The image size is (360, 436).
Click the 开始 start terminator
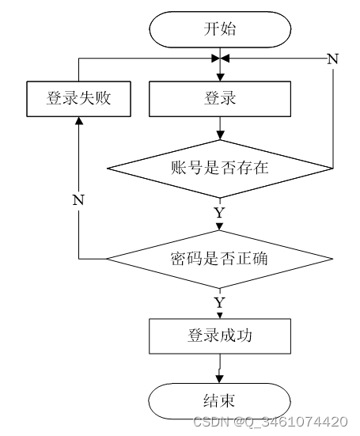(220, 29)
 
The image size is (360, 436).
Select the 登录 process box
(220, 99)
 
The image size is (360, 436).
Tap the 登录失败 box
(78, 99)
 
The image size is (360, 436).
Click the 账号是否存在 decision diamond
(220, 169)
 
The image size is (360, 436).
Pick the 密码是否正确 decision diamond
(220, 260)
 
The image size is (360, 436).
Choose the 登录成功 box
(220, 336)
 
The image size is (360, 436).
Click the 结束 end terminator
(220, 401)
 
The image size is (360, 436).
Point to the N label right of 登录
(333, 59)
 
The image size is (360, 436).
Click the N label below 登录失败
(78, 199)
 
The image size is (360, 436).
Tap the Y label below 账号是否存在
(220, 213)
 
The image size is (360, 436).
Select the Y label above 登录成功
(220, 302)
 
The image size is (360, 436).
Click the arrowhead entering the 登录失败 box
(79, 120)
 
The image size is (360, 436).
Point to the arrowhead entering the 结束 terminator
(220, 379)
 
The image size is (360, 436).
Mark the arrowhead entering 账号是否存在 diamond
(220, 135)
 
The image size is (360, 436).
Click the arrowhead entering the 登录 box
(220, 78)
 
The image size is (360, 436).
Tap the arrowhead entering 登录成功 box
(220, 316)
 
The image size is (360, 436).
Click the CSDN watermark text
(271, 422)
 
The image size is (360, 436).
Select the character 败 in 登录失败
(103, 98)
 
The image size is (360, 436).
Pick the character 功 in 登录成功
(244, 336)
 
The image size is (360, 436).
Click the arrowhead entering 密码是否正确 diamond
(220, 227)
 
